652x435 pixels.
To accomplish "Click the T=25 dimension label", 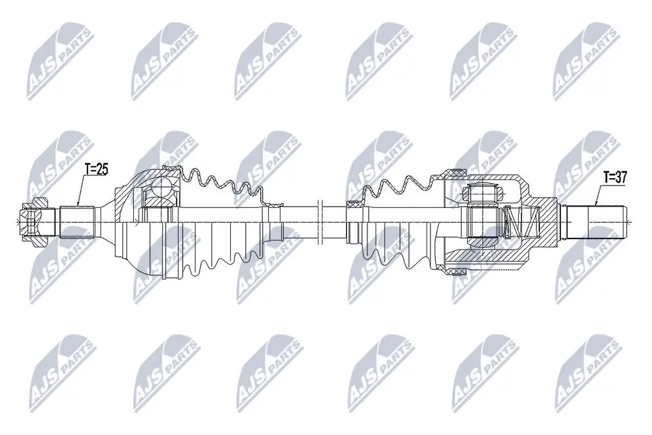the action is point(96,169).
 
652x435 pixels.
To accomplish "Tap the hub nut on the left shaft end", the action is point(35,222).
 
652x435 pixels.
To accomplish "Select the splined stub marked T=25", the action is point(77,222).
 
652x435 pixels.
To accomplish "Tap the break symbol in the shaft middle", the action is point(320,222).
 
